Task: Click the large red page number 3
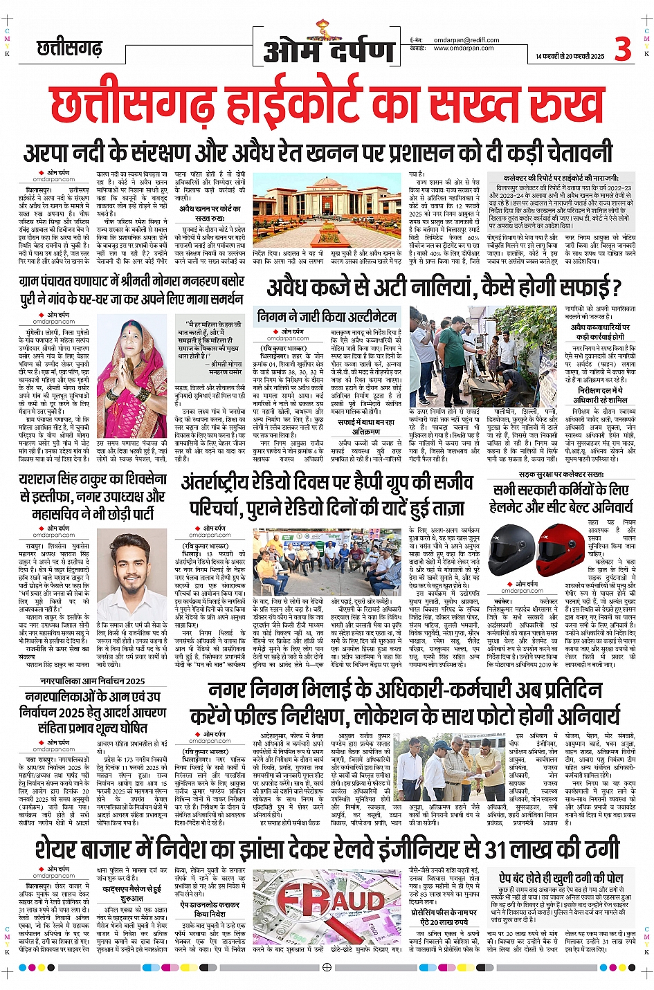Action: click(622, 49)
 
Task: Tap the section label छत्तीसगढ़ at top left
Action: click(69, 49)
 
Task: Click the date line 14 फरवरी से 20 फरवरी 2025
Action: click(570, 56)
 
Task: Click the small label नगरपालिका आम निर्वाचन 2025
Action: click(92, 681)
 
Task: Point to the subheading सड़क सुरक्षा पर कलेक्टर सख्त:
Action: click(561, 475)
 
